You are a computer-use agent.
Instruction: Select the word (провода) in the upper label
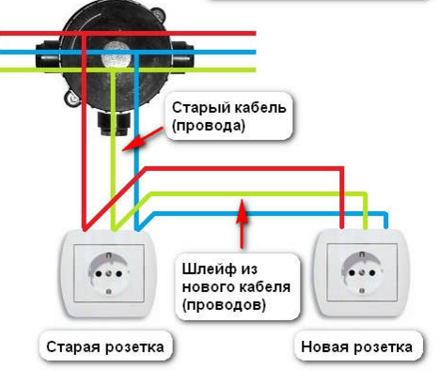209,126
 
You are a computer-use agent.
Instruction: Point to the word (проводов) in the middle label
224,304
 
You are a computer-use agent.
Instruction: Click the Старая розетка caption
105,347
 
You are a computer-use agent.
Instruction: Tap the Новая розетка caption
356,347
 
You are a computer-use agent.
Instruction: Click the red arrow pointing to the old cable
143,139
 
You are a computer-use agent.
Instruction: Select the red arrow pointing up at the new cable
242,223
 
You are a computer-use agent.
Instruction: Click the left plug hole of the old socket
99,274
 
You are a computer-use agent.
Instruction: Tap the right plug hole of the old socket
119,274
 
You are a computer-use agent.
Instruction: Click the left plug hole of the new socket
352,273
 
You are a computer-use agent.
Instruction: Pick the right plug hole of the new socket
372,273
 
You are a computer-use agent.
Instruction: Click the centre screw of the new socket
362,273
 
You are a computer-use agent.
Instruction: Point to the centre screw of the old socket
109,274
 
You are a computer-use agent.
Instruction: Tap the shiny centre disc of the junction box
116,55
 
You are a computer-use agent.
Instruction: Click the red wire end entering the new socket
342,226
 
